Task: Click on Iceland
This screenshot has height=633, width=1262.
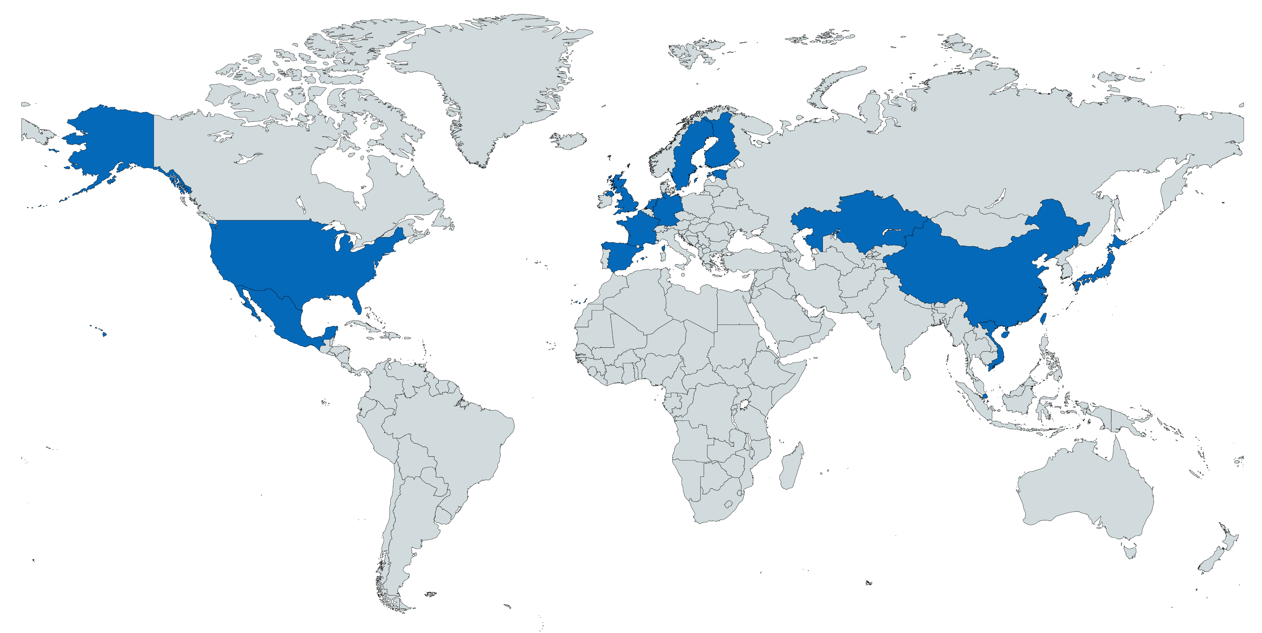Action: pyautogui.click(x=569, y=140)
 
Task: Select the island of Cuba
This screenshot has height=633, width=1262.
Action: pyautogui.click(x=362, y=326)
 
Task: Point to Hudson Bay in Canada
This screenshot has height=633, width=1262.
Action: pyautogui.click(x=343, y=171)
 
